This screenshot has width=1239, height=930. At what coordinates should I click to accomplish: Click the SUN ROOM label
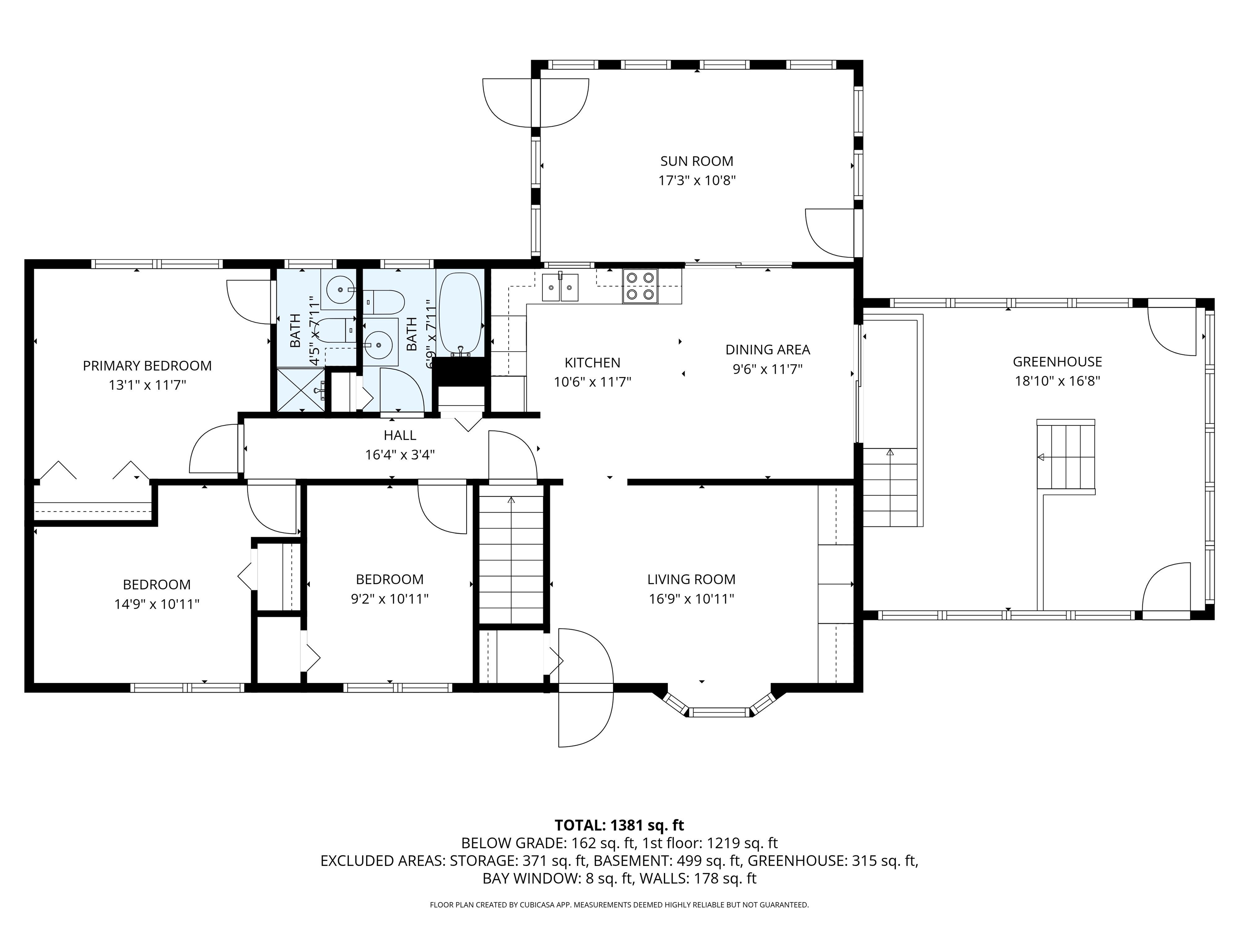click(x=696, y=161)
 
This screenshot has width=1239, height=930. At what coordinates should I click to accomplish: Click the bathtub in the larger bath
click(x=461, y=314)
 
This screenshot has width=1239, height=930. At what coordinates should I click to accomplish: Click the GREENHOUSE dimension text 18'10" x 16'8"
click(x=1058, y=381)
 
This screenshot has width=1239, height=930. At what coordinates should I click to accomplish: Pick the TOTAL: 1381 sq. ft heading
click(x=619, y=825)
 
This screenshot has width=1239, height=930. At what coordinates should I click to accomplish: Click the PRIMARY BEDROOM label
click(x=147, y=366)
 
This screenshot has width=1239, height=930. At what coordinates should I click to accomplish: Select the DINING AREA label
click(x=768, y=350)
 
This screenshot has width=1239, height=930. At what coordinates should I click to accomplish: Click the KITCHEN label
click(x=592, y=363)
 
